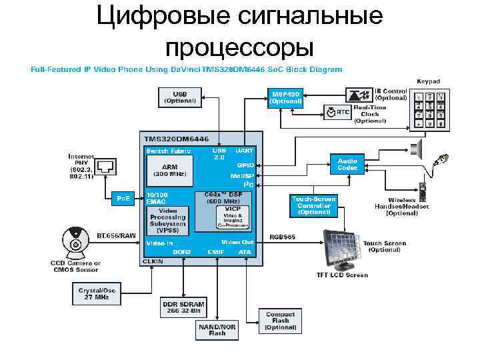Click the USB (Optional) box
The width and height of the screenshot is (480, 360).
click(x=179, y=97)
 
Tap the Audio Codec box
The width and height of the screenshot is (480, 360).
click(x=347, y=164)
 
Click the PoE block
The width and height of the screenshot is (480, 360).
click(x=123, y=199)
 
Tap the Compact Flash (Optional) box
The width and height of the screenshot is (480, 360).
click(x=281, y=321)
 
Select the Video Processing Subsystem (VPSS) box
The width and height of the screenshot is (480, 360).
click(x=167, y=219)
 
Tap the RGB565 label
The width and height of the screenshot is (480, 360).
click(x=283, y=237)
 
